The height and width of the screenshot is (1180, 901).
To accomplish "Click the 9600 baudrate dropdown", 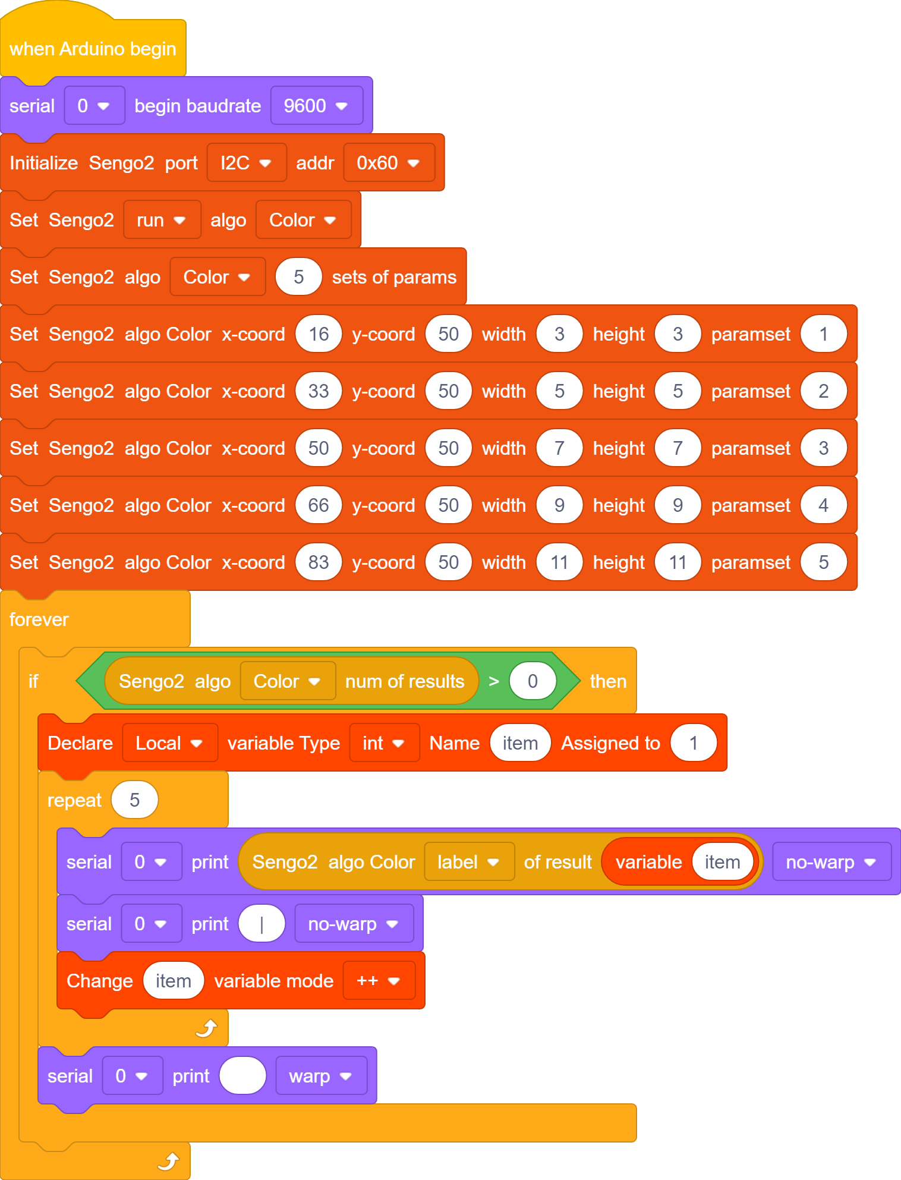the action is [316, 106].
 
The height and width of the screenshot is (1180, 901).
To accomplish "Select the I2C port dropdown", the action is [247, 163].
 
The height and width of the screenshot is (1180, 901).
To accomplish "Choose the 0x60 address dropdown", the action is [389, 163].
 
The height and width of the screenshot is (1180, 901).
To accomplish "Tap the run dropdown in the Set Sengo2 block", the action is [162, 220].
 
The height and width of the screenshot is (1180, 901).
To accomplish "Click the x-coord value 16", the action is [319, 334].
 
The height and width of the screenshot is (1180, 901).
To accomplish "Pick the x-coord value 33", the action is [319, 391].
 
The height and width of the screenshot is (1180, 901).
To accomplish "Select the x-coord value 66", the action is [319, 505].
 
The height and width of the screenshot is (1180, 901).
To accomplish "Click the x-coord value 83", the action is [319, 562].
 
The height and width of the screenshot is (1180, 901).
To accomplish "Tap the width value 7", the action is [559, 448].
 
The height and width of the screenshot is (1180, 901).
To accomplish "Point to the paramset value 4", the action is [823, 505].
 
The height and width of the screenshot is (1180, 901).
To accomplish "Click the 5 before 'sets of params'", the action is [298, 277].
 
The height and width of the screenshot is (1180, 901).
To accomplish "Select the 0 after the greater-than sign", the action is [533, 681].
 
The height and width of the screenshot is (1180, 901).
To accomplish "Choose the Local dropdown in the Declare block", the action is [170, 743].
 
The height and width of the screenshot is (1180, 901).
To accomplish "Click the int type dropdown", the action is [385, 743].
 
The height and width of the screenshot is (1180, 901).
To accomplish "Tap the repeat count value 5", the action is [135, 800].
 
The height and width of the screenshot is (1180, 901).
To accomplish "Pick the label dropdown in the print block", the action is [469, 862].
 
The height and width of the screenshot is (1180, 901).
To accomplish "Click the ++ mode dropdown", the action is [379, 981].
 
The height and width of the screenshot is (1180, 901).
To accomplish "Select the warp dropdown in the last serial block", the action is [321, 1076].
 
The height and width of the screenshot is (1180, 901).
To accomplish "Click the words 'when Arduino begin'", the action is [93, 49].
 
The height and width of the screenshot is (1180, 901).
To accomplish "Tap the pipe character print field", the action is [262, 924].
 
